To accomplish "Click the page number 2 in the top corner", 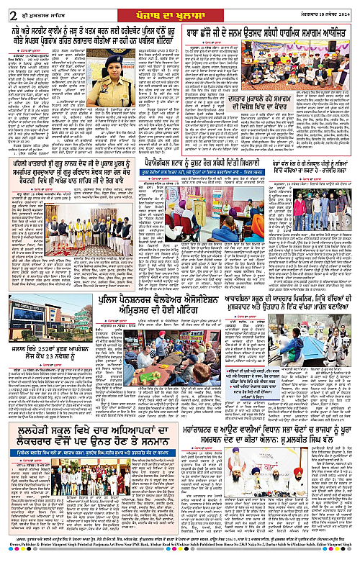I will coord(6,11).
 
